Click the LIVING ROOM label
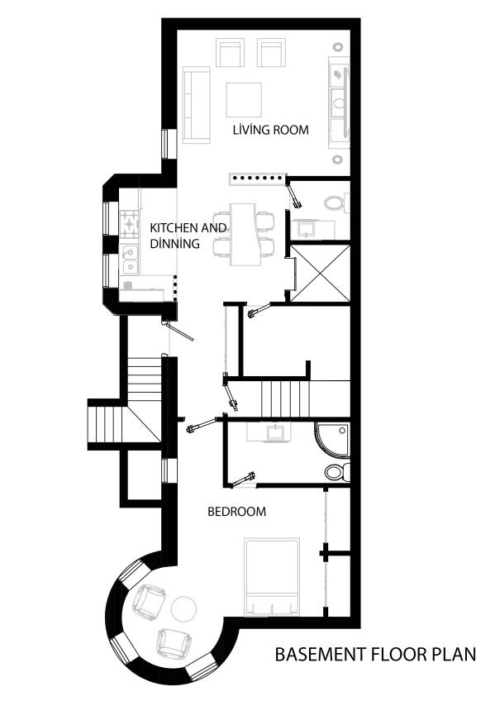pos(270,130)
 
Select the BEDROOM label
pos(236,512)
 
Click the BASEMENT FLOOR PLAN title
pos(375,655)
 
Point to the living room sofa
pos(196,105)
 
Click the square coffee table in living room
pos(244,99)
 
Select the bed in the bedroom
pos(272,576)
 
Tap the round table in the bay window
pos(183,609)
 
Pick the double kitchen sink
pos(130,258)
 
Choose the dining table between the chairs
pos(244,234)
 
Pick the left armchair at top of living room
pos(230,53)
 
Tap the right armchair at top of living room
pos(270,53)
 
